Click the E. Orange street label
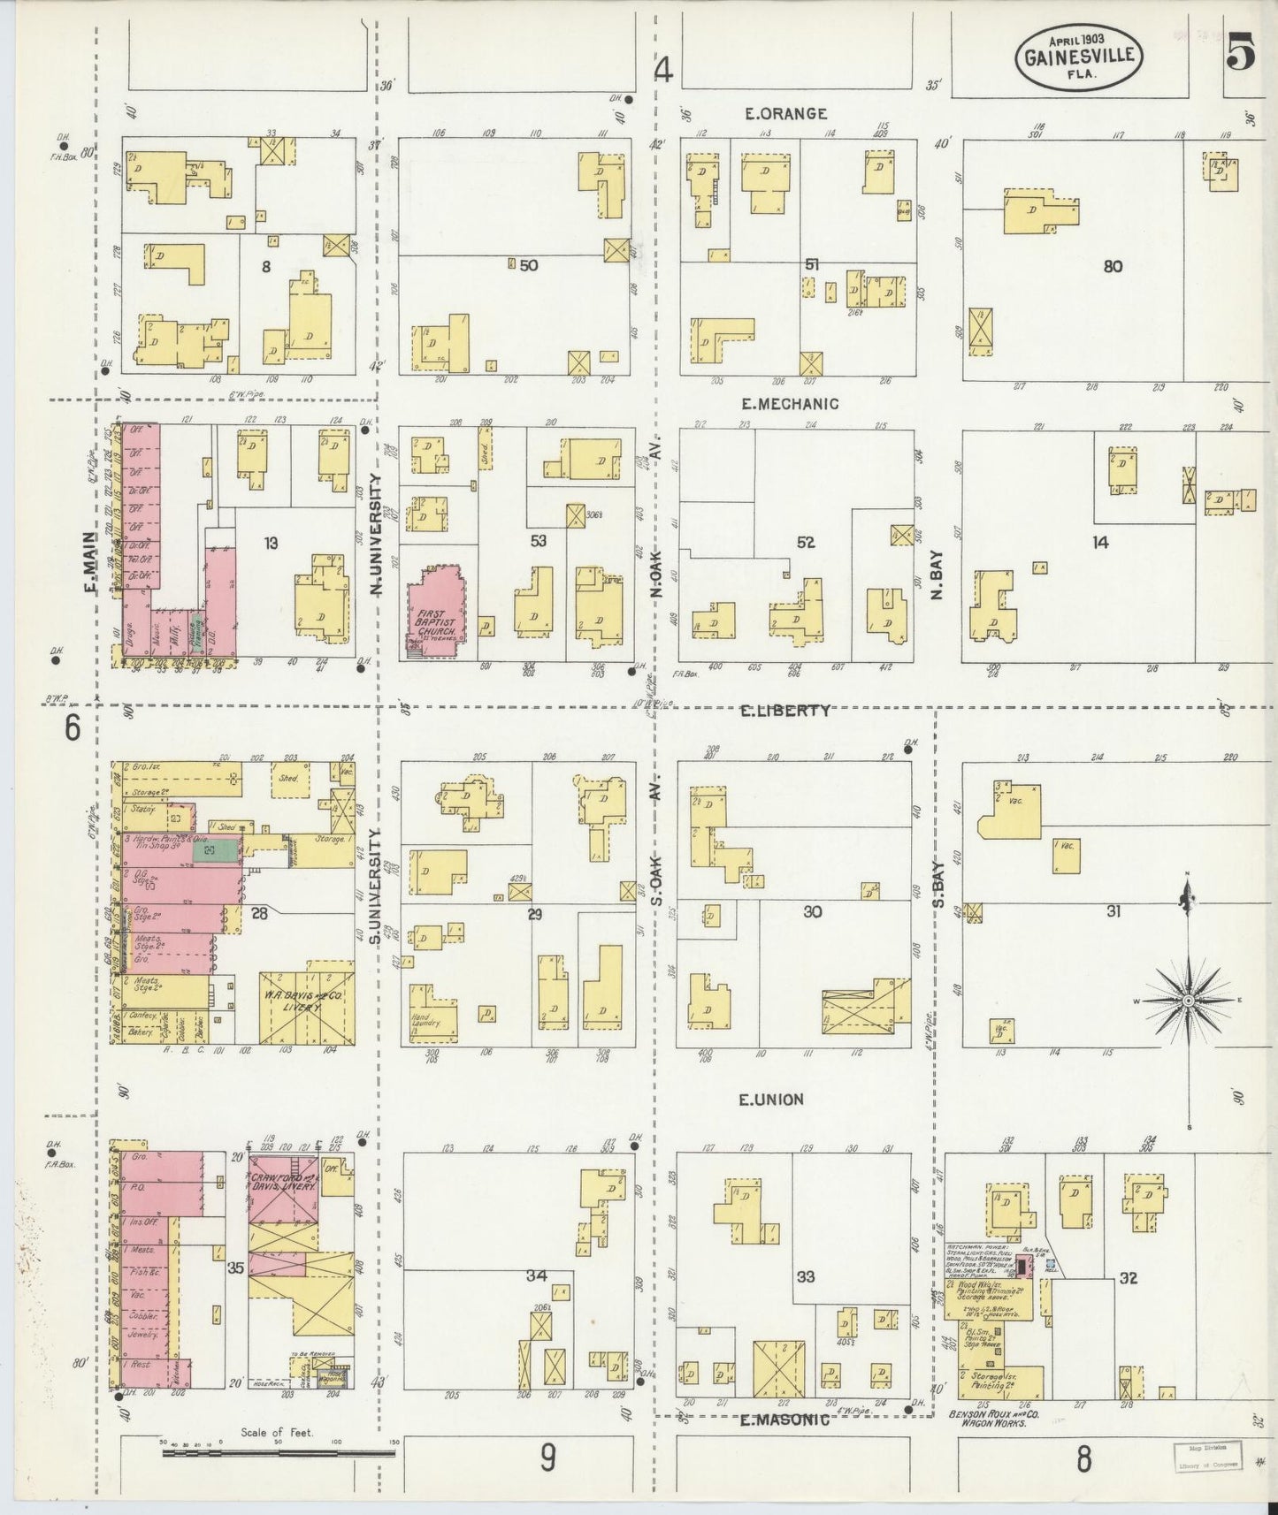coord(785,113)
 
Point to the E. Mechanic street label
coord(790,404)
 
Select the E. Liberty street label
coord(786,710)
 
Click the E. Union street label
coord(772,1100)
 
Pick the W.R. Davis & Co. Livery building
coord(306,1008)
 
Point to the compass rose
coord(1188,1000)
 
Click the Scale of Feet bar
coord(279,1451)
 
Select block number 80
coord(1113,265)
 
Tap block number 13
coord(271,543)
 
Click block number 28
coord(258,913)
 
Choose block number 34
coord(536,1275)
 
